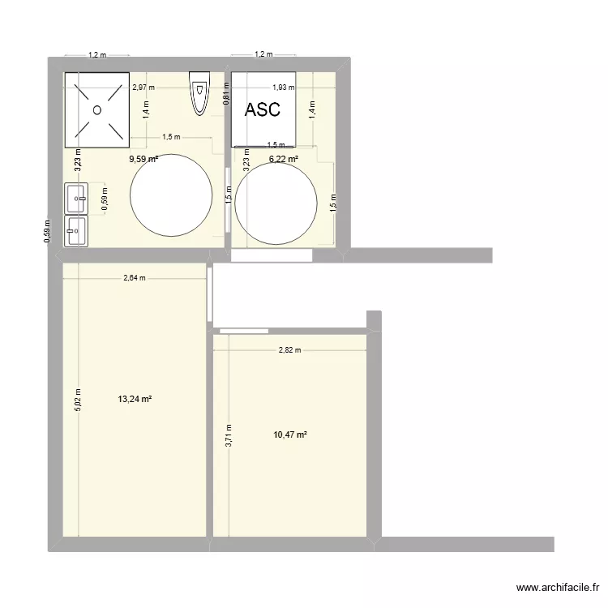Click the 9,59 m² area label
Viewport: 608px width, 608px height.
click(x=143, y=160)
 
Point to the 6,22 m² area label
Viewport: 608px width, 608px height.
click(x=283, y=160)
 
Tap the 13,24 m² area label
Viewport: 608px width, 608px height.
click(x=135, y=399)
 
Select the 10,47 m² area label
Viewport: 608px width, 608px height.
click(x=289, y=435)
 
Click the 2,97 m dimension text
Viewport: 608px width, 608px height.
click(x=143, y=88)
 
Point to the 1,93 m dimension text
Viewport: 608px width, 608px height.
click(x=283, y=88)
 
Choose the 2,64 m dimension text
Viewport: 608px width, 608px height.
click(x=135, y=278)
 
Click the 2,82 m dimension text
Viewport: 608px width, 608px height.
click(x=289, y=350)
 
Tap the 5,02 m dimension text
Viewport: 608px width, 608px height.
click(x=78, y=400)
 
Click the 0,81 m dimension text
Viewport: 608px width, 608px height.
click(x=226, y=97)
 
